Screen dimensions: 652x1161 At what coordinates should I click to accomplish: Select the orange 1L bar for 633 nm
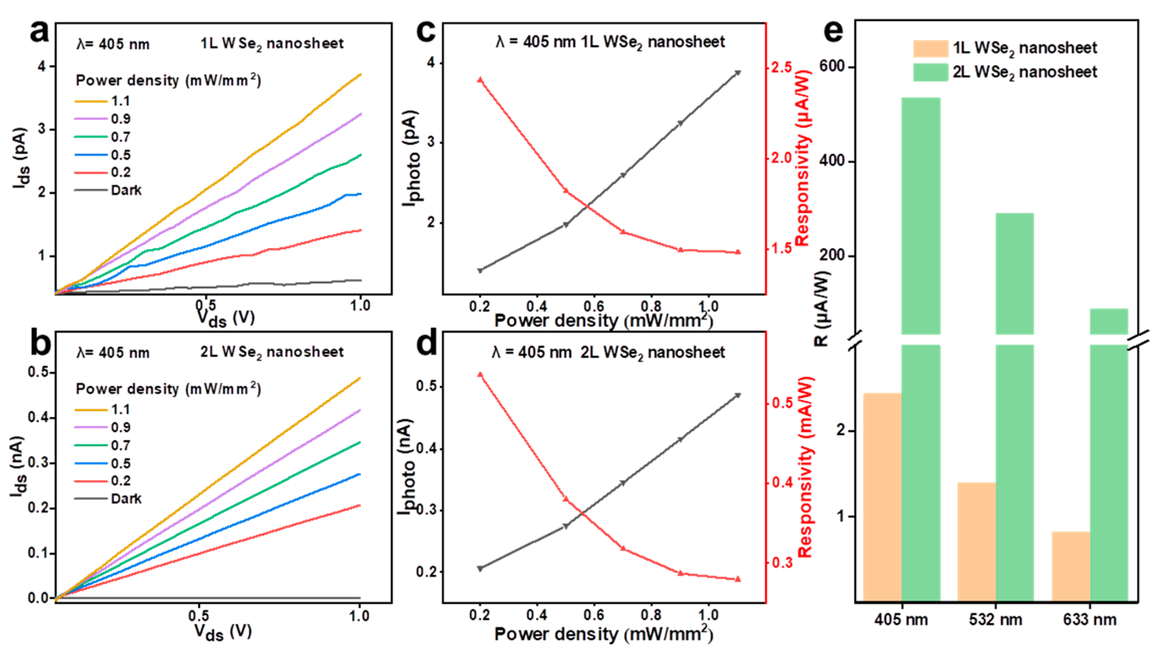pyautogui.click(x=1071, y=566)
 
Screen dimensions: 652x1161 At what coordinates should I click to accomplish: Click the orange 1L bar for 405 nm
pyautogui.click(x=882, y=496)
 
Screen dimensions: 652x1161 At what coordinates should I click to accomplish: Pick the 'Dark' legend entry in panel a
pyautogui.click(x=126, y=190)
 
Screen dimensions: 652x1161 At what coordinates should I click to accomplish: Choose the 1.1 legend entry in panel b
pyautogui.click(x=120, y=409)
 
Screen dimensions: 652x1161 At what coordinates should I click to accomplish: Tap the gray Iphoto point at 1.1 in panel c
pyautogui.click(x=738, y=72)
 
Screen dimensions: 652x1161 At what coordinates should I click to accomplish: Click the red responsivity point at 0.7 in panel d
pyautogui.click(x=623, y=548)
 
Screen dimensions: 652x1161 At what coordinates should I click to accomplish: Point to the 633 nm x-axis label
pyautogui.click(x=1089, y=619)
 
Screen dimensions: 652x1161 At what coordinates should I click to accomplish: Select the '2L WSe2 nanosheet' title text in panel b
pyautogui.click(x=272, y=352)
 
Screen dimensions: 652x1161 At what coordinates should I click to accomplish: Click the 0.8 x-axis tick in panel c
pyautogui.click(x=651, y=307)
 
